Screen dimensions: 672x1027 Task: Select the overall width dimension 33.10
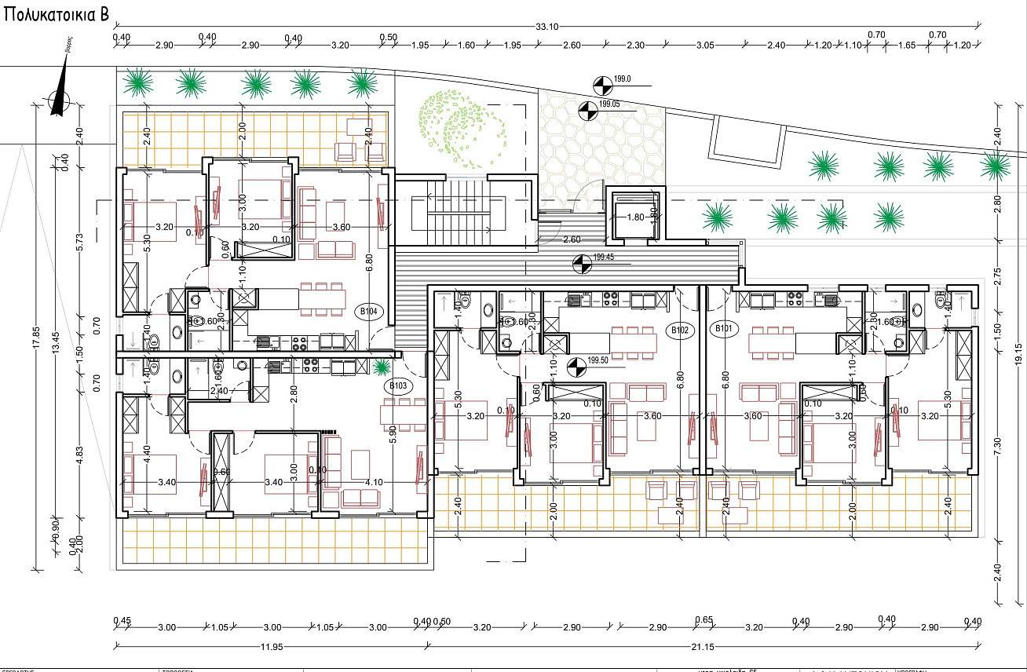pyautogui.click(x=546, y=27)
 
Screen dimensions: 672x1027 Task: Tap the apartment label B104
pyautogui.click(x=368, y=311)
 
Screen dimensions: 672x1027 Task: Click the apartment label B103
pyautogui.click(x=398, y=385)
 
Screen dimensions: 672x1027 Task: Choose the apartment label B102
pyautogui.click(x=680, y=330)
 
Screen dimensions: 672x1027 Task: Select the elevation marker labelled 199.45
pyautogui.click(x=581, y=264)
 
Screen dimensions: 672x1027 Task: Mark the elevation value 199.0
pyautogui.click(x=623, y=79)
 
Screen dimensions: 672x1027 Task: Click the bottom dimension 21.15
pyautogui.click(x=704, y=648)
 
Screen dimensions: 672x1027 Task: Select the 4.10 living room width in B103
pyautogui.click(x=373, y=482)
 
